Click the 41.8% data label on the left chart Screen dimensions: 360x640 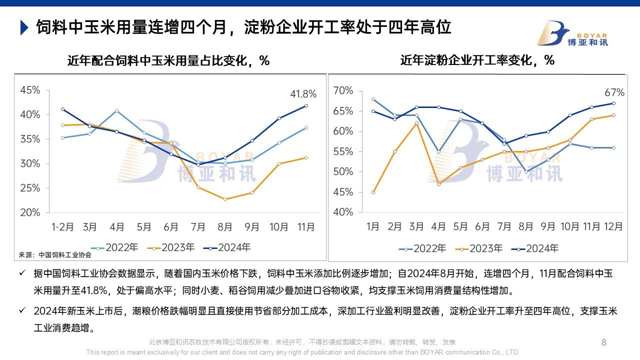click(x=303, y=94)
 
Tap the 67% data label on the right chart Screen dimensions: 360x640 click(x=614, y=92)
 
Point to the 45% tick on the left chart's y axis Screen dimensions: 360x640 click(x=30, y=90)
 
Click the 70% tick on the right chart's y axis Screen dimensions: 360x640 click(x=343, y=90)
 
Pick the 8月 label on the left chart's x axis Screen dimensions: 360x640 click(x=225, y=227)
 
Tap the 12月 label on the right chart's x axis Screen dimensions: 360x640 click(x=613, y=226)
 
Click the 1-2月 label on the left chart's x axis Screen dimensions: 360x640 click(x=63, y=227)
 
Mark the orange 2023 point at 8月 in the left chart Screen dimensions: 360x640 click(x=225, y=199)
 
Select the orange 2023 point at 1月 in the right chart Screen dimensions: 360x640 click(x=373, y=192)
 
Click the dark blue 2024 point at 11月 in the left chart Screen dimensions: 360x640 click(x=306, y=105)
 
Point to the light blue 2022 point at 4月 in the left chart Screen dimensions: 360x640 click(x=117, y=110)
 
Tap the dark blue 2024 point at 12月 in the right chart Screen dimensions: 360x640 click(x=613, y=103)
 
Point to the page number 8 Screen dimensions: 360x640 click(x=603, y=342)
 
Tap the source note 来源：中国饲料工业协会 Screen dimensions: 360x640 click(x=55, y=254)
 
